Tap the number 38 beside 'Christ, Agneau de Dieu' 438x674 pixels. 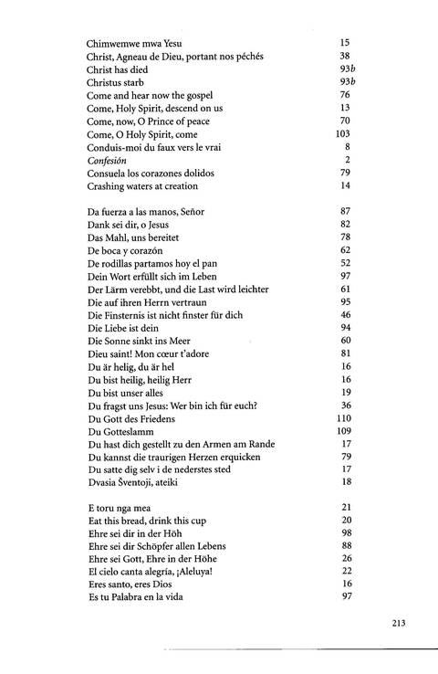pos(345,56)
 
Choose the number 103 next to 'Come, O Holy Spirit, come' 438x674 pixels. pos(343,133)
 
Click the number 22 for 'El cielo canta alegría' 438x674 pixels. pos(345,572)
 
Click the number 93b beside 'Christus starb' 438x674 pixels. pos(343,82)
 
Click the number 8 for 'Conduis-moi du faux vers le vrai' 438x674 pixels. pos(348,147)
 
